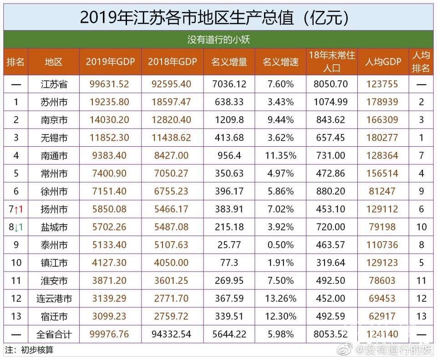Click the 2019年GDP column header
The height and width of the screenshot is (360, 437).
tap(111, 62)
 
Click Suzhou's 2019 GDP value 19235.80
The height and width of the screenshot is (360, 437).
tap(111, 102)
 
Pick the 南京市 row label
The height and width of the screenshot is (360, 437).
tap(54, 120)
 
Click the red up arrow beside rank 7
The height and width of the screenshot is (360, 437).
tap(17, 210)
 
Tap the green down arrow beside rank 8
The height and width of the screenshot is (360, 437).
tap(17, 227)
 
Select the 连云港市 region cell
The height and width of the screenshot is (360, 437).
tap(54, 298)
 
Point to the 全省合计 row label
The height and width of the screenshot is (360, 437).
tap(54, 334)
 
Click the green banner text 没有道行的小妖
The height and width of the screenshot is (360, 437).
tap(218, 40)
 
